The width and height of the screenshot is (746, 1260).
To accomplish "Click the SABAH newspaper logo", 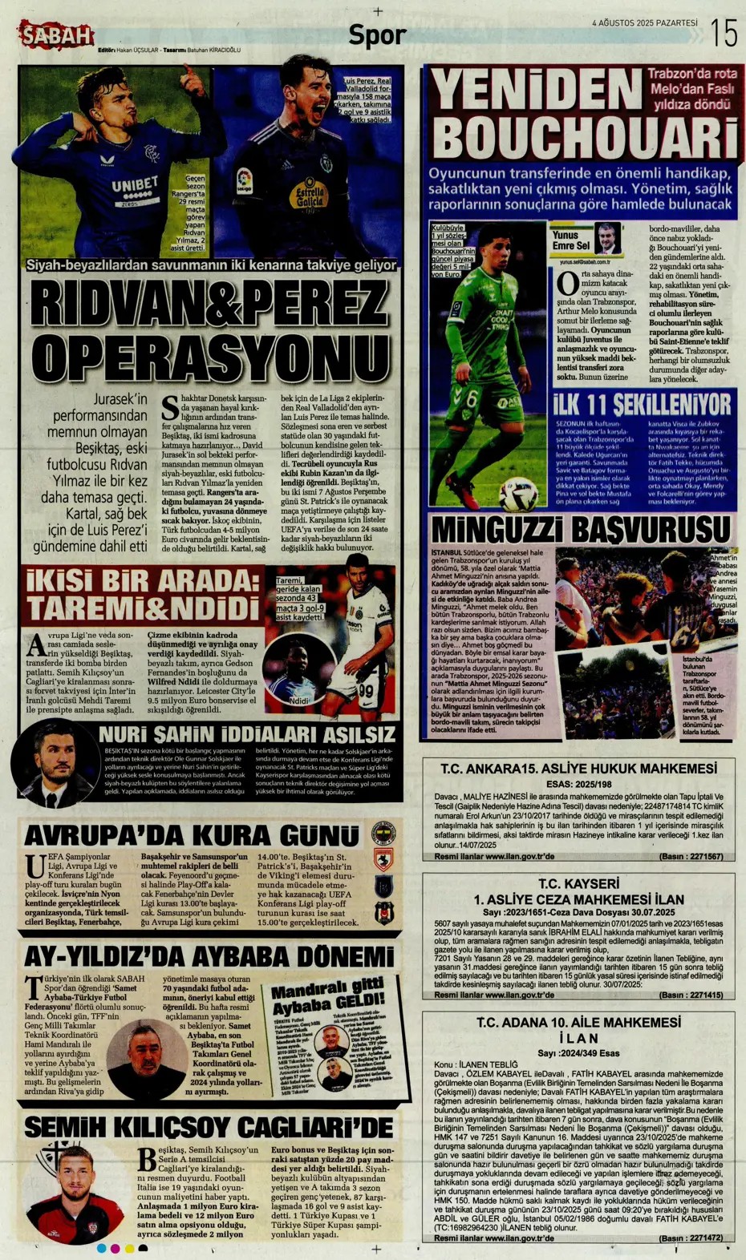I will click(56, 35).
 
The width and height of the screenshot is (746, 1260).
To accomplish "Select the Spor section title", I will click(377, 35).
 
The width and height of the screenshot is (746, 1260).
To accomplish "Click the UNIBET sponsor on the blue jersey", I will click(134, 187).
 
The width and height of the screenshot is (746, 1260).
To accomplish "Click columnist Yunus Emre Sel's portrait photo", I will click(608, 238).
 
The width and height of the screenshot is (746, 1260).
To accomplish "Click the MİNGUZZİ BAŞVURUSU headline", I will click(581, 530).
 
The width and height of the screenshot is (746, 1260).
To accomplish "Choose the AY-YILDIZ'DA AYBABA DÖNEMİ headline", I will click(209, 956).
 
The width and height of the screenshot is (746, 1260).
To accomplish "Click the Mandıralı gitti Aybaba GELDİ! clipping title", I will click(327, 997).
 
